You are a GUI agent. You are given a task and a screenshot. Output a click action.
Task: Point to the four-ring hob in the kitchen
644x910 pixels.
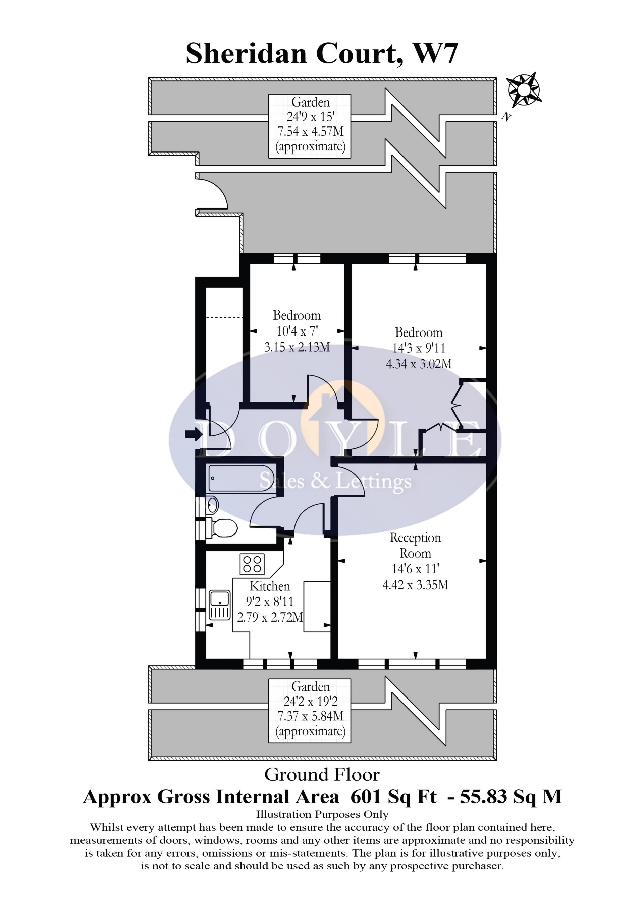click(x=252, y=564)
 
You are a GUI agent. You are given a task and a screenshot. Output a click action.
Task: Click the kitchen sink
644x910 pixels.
click(x=220, y=605)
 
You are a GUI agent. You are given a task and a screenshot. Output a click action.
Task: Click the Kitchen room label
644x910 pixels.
click(x=270, y=586)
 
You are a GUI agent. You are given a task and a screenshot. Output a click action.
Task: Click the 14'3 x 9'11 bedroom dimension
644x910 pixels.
click(x=419, y=348)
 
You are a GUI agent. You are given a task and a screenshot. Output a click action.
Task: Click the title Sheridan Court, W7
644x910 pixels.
click(x=322, y=54)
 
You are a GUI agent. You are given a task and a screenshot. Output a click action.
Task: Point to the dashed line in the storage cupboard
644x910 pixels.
click(x=224, y=317)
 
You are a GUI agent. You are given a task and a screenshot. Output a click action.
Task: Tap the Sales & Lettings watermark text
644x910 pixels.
click(x=335, y=482)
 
